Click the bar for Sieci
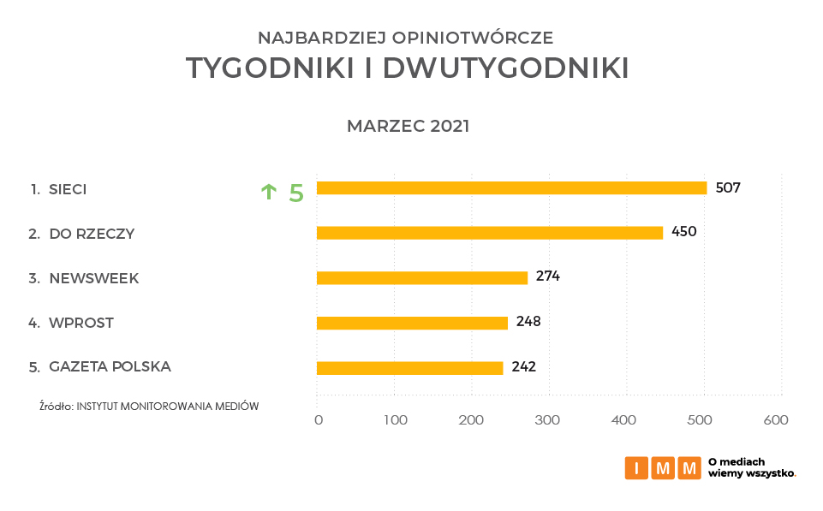(511, 188)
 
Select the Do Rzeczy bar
(489, 233)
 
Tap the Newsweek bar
(421, 277)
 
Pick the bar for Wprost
(412, 323)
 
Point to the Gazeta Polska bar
(409, 368)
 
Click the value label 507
(727, 188)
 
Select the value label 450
(683, 232)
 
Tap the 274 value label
(548, 276)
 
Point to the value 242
(523, 367)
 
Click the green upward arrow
(269, 192)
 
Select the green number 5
(296, 193)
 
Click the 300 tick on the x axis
(547, 420)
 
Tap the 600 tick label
(776, 420)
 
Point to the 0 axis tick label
(319, 420)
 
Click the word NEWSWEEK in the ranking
(94, 278)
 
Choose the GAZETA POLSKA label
(110, 367)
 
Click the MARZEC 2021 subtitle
(408, 127)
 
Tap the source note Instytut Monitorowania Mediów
(149, 407)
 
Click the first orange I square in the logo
(636, 468)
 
